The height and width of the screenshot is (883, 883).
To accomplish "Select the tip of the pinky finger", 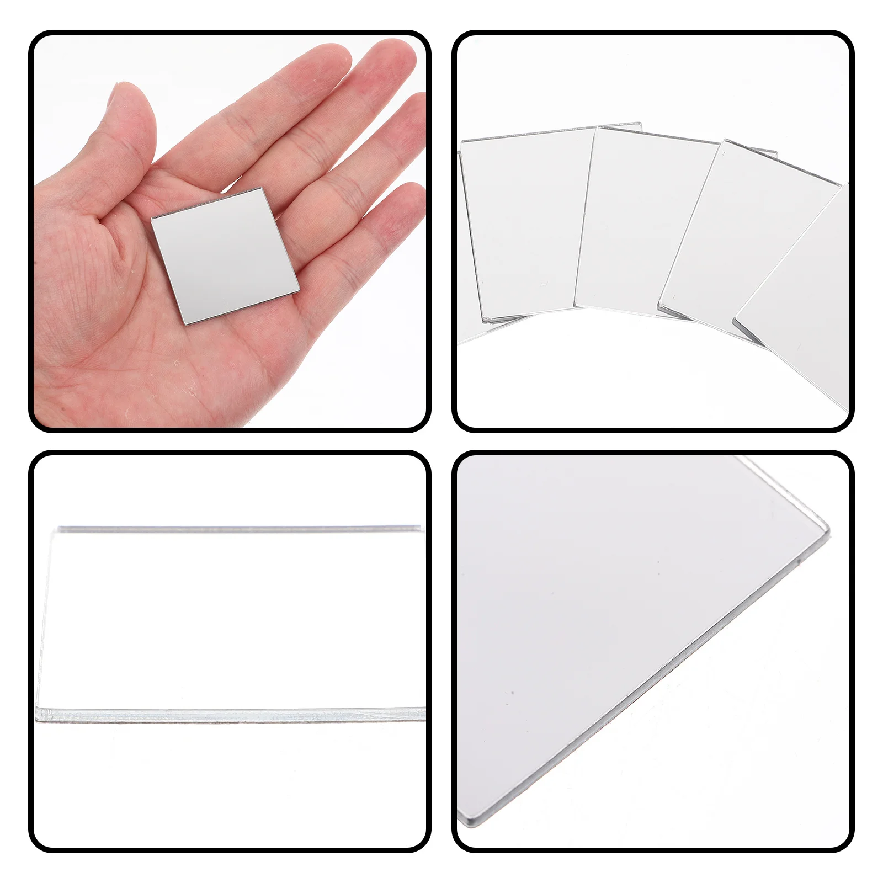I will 415,190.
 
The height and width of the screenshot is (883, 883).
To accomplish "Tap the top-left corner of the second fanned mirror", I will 597,128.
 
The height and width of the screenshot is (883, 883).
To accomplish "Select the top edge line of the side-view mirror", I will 237,529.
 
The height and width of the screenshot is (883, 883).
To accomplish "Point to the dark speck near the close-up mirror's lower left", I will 512,693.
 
